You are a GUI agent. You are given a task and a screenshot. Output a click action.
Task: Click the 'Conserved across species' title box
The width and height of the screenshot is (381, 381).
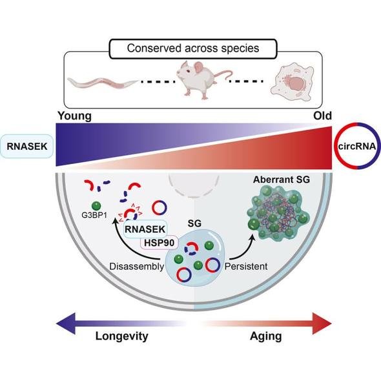(x=193, y=48)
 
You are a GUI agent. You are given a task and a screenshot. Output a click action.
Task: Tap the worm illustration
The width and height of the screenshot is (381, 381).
(x=102, y=83)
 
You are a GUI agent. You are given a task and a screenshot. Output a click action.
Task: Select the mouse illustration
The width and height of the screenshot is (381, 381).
(x=203, y=79)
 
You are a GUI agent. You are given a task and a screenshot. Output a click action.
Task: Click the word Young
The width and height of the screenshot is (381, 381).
(x=75, y=116)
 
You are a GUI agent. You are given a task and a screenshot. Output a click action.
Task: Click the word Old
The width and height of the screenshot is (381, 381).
(x=322, y=116)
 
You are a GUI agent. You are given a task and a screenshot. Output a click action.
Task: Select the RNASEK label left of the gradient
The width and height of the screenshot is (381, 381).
(x=27, y=147)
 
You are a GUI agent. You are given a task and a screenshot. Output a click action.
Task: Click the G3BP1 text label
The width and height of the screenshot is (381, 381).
(x=94, y=215)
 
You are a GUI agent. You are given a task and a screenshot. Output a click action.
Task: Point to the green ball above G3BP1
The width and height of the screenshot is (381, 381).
(x=96, y=206)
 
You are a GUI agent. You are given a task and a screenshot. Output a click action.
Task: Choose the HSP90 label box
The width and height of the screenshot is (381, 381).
(x=159, y=243)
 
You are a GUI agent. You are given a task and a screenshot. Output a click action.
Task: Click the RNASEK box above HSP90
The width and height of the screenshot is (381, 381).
(x=145, y=229)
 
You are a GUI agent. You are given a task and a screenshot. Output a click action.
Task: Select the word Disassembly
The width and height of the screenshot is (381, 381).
(x=137, y=267)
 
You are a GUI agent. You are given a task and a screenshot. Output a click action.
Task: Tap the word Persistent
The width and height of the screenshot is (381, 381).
(x=246, y=267)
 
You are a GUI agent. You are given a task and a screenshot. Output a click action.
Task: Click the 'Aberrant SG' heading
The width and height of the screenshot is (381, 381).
(x=282, y=180)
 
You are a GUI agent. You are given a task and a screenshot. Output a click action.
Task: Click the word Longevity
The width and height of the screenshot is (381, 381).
(x=122, y=337)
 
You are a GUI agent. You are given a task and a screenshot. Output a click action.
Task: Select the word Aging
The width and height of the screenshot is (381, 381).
(x=266, y=337)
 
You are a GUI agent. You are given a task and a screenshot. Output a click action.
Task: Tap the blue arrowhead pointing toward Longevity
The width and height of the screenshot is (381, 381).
(x=66, y=324)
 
